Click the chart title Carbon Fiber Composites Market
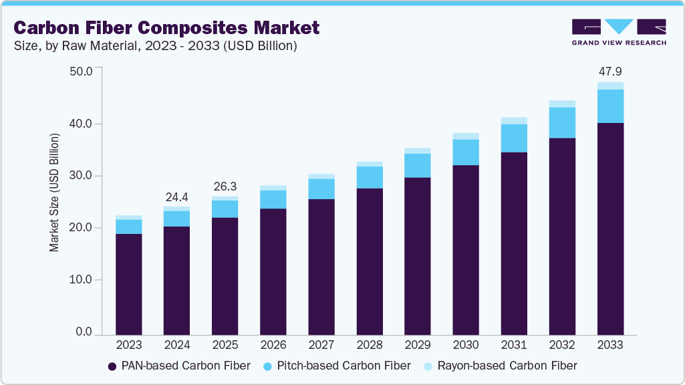pyautogui.click(x=166, y=27)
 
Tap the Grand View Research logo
pyautogui.click(x=618, y=31)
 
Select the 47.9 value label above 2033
pyautogui.click(x=610, y=71)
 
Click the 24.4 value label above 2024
pyautogui.click(x=177, y=197)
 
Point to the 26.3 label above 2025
pyautogui.click(x=225, y=186)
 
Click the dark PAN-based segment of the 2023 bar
pyautogui.click(x=129, y=284)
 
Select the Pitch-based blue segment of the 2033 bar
pyautogui.click(x=610, y=106)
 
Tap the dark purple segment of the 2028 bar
pyautogui.click(x=370, y=261)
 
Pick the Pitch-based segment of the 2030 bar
pyautogui.click(x=466, y=152)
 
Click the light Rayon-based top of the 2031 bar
pyautogui.click(x=514, y=121)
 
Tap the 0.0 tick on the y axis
pyautogui.click(x=84, y=332)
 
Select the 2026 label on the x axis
pyautogui.click(x=273, y=346)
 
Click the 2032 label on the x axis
pyautogui.click(x=562, y=346)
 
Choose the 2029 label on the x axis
pyautogui.click(x=418, y=346)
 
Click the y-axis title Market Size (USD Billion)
pyautogui.click(x=54, y=192)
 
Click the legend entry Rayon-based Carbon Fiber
pyautogui.click(x=501, y=366)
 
